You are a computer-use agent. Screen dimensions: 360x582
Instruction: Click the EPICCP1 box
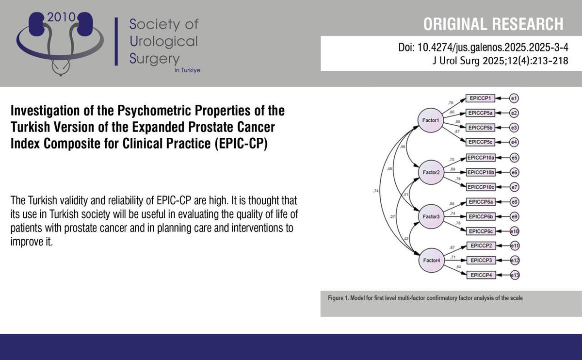coord(480,98)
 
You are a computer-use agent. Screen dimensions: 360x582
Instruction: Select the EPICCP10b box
coord(480,172)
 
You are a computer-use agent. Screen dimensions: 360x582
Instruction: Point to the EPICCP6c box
coord(480,231)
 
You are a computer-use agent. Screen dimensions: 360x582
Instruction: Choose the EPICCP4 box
coord(480,275)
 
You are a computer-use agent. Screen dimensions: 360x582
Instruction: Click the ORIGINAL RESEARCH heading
coord(494,24)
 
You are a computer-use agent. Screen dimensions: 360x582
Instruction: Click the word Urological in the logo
coord(164,41)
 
